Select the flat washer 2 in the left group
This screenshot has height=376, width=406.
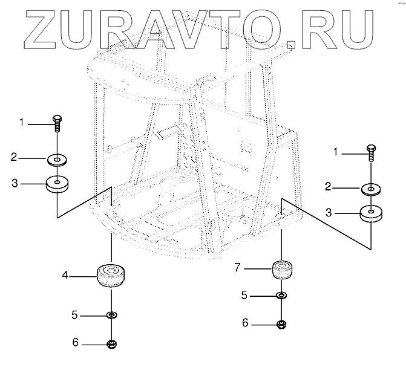(57, 160)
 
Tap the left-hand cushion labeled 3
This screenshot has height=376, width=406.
(57, 183)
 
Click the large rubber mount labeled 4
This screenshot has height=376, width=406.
(111, 276)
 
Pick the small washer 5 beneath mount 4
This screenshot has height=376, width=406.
(111, 316)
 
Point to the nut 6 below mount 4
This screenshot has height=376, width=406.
(111, 345)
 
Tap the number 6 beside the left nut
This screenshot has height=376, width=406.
(75, 343)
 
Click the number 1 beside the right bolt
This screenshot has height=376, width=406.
(336, 152)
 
